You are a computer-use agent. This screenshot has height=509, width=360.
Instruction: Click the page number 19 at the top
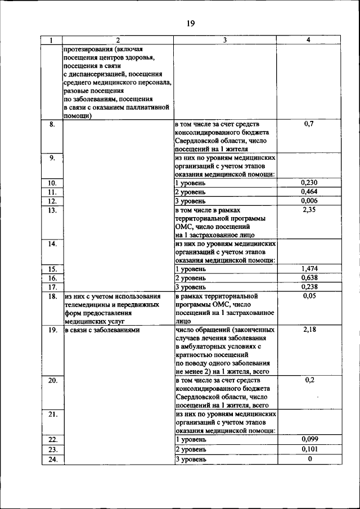[190, 23]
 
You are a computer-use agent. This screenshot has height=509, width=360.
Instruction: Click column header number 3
[225, 40]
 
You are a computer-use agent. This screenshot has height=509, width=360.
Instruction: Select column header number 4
[308, 40]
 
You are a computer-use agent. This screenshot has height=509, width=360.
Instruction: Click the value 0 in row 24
[309, 458]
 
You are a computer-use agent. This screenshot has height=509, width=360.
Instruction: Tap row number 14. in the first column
[52, 244]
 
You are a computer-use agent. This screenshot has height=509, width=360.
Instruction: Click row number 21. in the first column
[52, 414]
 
